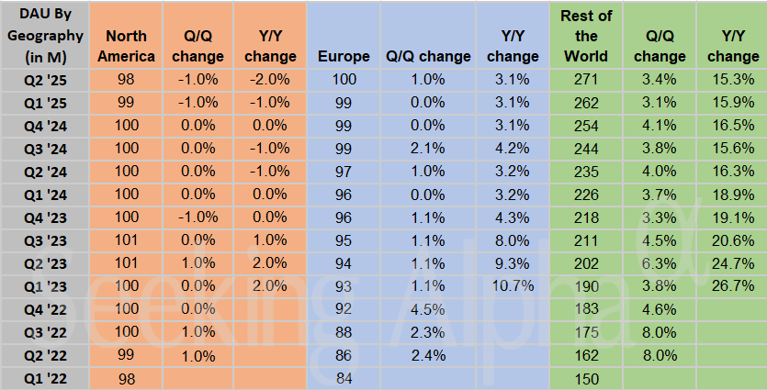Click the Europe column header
(x=344, y=57)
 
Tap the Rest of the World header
(x=585, y=36)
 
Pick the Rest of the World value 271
(x=585, y=79)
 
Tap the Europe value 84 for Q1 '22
(x=344, y=377)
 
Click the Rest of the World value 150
(x=585, y=377)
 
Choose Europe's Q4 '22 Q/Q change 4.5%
(x=426, y=308)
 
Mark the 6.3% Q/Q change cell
(x=658, y=262)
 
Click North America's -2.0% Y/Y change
(x=269, y=79)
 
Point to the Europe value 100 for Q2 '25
(x=344, y=79)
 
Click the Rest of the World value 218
(x=585, y=217)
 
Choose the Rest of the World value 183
(x=585, y=308)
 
